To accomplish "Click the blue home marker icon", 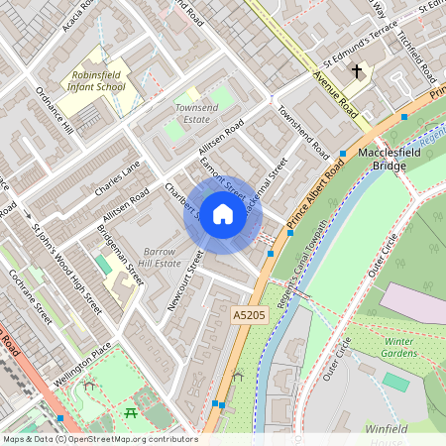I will point(223,214).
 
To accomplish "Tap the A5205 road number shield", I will point(250,314).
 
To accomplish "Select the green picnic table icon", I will point(131,411).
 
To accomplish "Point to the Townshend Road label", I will point(302,132).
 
